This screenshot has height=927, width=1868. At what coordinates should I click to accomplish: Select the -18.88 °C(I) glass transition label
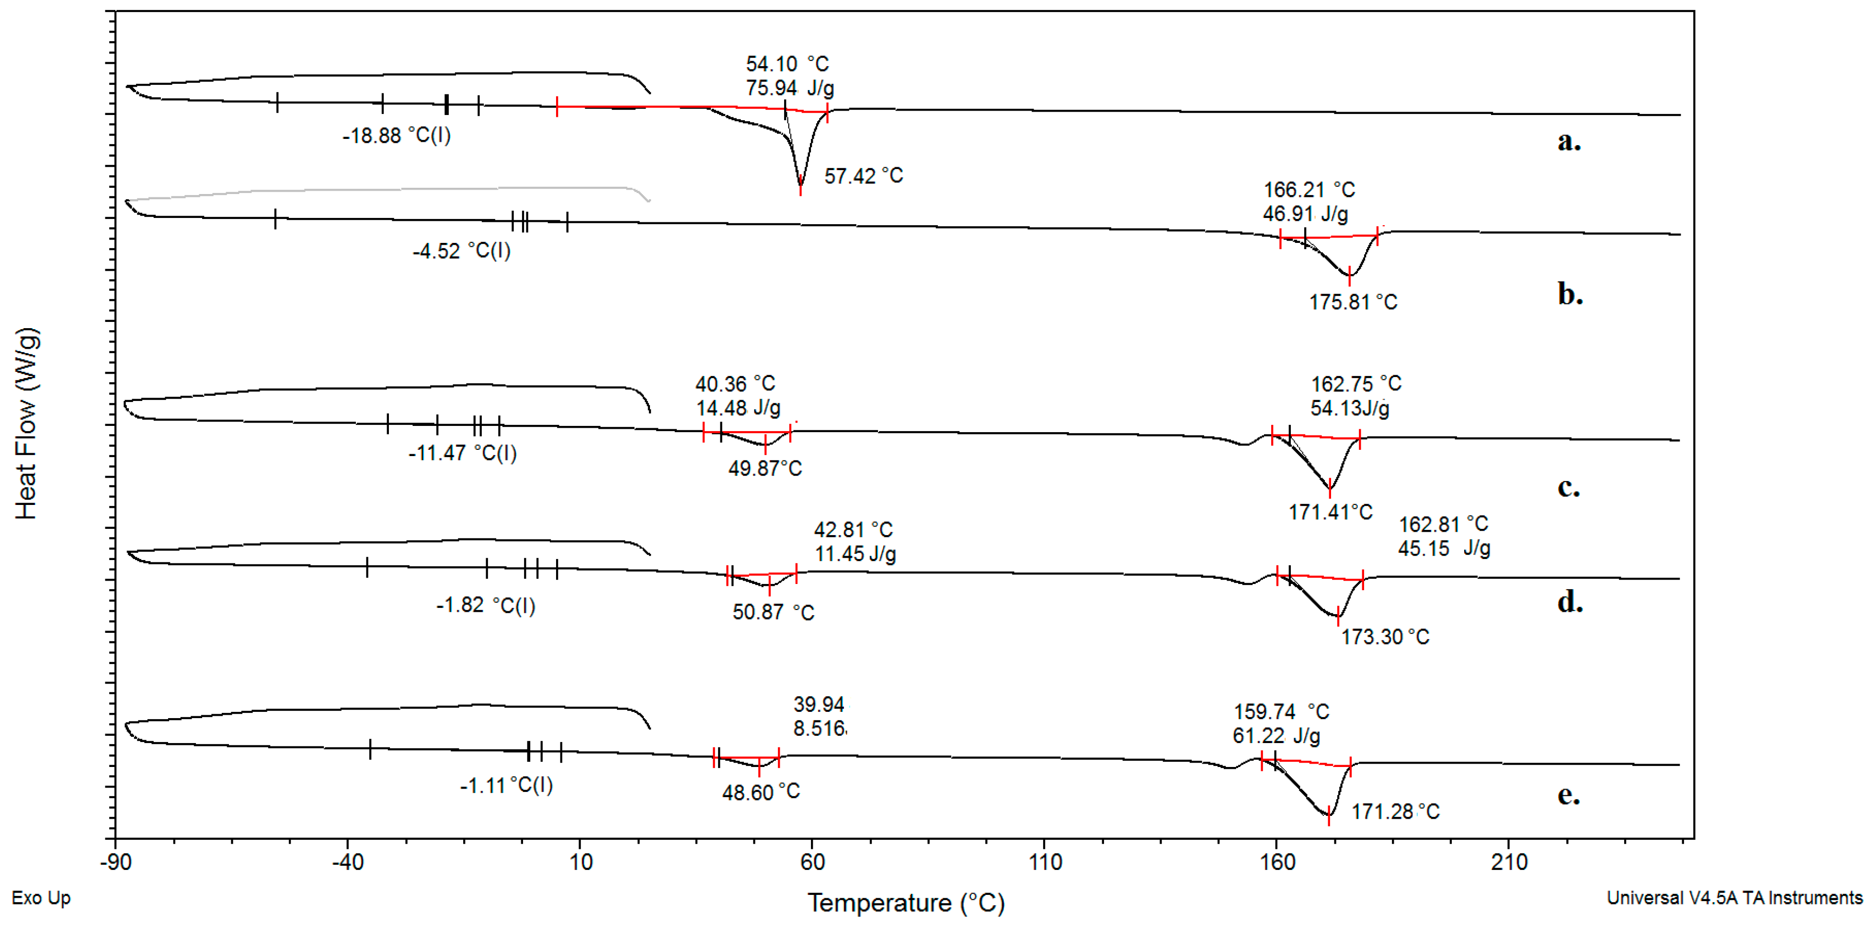pyautogui.click(x=396, y=136)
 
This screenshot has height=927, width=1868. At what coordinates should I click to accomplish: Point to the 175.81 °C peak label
pyautogui.click(x=1353, y=302)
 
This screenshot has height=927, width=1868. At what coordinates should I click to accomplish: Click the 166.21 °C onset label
pyautogui.click(x=1309, y=190)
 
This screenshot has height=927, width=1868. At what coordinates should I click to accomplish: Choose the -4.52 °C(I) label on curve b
pyautogui.click(x=461, y=251)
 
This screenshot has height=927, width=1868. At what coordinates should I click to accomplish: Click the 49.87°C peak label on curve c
pyautogui.click(x=765, y=469)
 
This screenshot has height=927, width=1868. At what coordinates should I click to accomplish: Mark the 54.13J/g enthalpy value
pyautogui.click(x=1350, y=408)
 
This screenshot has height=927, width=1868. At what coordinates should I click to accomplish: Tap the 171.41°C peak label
pyautogui.click(x=1330, y=512)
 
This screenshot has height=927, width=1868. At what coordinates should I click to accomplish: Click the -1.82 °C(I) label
pyautogui.click(x=485, y=605)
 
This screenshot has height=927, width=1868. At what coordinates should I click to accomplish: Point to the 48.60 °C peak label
pyautogui.click(x=761, y=792)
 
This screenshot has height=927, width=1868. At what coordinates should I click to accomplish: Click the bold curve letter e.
pyautogui.click(x=1569, y=795)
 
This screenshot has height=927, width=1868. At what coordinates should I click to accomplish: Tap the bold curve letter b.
pyautogui.click(x=1570, y=295)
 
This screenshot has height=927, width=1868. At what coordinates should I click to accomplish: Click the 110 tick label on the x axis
pyautogui.click(x=1045, y=862)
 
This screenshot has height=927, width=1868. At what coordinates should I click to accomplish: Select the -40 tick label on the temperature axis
pyautogui.click(x=347, y=862)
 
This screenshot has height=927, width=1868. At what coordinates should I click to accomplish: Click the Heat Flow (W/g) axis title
pyautogui.click(x=26, y=423)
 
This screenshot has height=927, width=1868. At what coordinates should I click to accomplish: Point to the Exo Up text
pyautogui.click(x=41, y=898)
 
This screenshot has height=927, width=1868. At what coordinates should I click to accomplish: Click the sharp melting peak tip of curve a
pyautogui.click(x=800, y=190)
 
